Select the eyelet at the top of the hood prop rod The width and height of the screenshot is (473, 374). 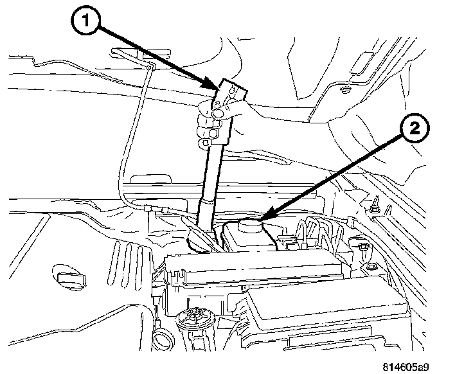point(148,66)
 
